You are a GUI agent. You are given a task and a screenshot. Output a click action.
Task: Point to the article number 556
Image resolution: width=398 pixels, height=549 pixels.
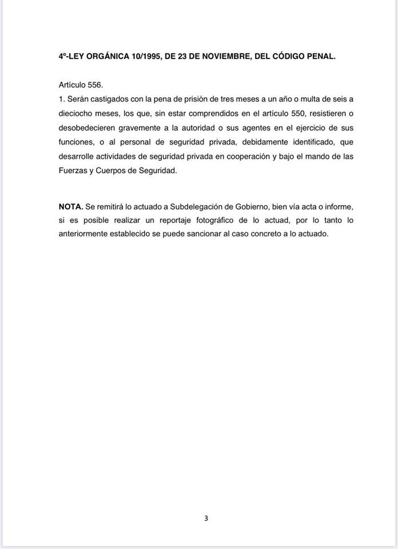point(94,85)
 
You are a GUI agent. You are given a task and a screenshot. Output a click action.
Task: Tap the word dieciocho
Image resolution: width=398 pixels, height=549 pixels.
point(76,113)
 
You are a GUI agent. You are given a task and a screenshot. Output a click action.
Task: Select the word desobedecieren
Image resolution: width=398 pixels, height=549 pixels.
point(86,127)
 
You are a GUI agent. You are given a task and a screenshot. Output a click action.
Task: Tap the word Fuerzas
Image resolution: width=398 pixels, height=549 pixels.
point(73,169)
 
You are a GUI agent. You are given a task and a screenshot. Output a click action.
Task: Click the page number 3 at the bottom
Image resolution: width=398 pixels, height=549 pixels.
point(206,519)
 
